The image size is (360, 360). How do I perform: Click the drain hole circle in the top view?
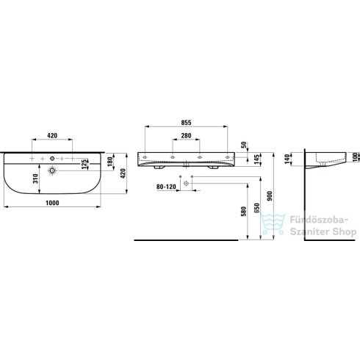click(53, 170)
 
